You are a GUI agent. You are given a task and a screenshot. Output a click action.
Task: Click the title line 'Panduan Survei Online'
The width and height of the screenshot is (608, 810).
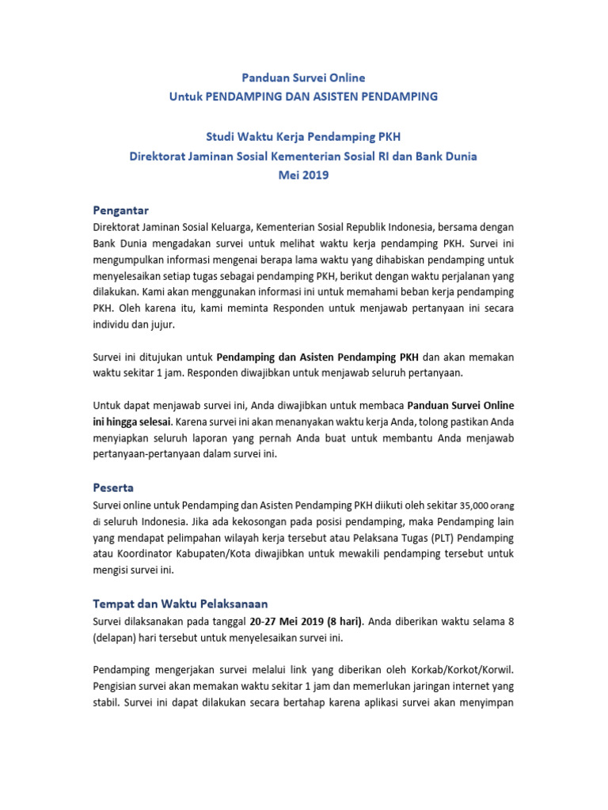pos(304,78)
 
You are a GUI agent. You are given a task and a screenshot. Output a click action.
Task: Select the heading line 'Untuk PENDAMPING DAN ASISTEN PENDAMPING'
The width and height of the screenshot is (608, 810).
pos(304,97)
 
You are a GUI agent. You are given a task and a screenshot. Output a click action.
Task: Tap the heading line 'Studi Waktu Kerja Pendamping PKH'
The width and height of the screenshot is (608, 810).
pos(304,138)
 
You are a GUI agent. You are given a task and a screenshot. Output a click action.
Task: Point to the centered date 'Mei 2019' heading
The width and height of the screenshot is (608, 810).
pos(304,176)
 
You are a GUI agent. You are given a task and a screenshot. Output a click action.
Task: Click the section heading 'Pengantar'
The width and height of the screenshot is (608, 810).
pos(121,210)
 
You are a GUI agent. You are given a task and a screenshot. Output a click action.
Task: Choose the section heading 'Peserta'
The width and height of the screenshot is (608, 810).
pos(115,488)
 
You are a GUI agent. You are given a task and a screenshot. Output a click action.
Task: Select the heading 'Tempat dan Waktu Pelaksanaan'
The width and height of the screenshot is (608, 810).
pos(175,603)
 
